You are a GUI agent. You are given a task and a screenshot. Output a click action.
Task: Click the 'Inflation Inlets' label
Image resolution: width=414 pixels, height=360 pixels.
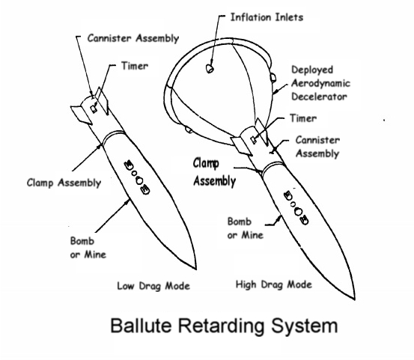click(267, 17)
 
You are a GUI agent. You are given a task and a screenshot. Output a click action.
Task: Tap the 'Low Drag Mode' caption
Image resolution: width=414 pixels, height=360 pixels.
click(153, 286)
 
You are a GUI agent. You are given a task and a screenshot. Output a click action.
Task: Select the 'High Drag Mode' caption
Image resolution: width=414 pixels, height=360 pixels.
click(274, 284)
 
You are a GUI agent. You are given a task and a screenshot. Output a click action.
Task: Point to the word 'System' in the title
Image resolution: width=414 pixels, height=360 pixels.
click(305, 326)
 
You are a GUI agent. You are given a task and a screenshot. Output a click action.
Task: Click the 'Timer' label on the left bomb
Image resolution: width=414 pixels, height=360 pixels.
click(135, 66)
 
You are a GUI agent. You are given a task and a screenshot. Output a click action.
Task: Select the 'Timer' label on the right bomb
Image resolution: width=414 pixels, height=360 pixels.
click(303, 118)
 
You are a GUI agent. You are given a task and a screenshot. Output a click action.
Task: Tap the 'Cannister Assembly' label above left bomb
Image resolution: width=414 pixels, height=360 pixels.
click(133, 38)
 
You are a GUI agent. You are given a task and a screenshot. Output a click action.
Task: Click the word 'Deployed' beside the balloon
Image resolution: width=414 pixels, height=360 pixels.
click(312, 70)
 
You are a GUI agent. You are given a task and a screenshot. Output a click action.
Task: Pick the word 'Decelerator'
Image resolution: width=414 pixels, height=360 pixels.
click(319, 97)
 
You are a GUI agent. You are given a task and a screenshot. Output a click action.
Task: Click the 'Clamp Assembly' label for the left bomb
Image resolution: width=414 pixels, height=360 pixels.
click(64, 183)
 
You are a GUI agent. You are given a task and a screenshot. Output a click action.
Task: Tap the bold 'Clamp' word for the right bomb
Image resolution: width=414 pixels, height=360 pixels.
click(206, 164)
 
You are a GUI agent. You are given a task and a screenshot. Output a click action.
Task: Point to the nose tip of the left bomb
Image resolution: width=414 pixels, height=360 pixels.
click(196, 269)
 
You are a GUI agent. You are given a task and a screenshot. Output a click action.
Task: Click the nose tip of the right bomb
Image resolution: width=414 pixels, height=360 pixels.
click(354, 299)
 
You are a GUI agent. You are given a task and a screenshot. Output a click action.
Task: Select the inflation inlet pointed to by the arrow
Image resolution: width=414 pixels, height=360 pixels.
click(210, 69)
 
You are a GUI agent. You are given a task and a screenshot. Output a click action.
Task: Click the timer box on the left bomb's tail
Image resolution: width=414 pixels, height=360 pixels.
click(94, 109)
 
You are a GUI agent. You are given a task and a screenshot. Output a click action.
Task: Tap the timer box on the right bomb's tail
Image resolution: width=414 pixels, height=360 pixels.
click(254, 140)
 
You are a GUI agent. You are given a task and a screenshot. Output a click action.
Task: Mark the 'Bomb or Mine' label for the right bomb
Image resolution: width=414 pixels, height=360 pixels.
click(246, 228)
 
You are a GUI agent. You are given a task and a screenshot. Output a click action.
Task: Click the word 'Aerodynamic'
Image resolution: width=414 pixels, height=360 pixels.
click(321, 83)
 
